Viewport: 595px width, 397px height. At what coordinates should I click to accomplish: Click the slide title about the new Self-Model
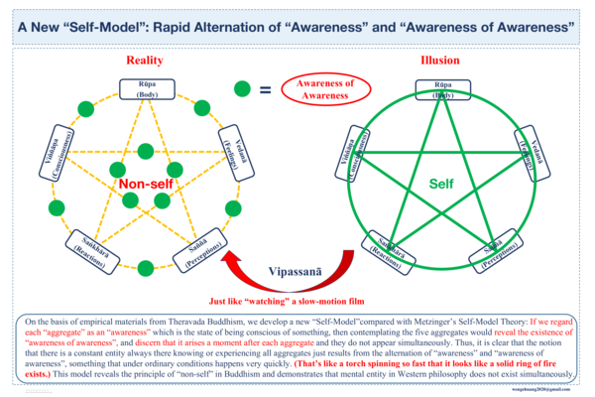point(297,28)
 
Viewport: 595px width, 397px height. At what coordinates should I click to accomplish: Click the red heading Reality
point(144,62)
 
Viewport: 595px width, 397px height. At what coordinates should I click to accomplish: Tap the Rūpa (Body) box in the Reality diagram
point(144,88)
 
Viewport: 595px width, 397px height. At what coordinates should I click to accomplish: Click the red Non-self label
point(146,185)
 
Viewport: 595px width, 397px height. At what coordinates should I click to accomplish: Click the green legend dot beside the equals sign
point(242,89)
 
